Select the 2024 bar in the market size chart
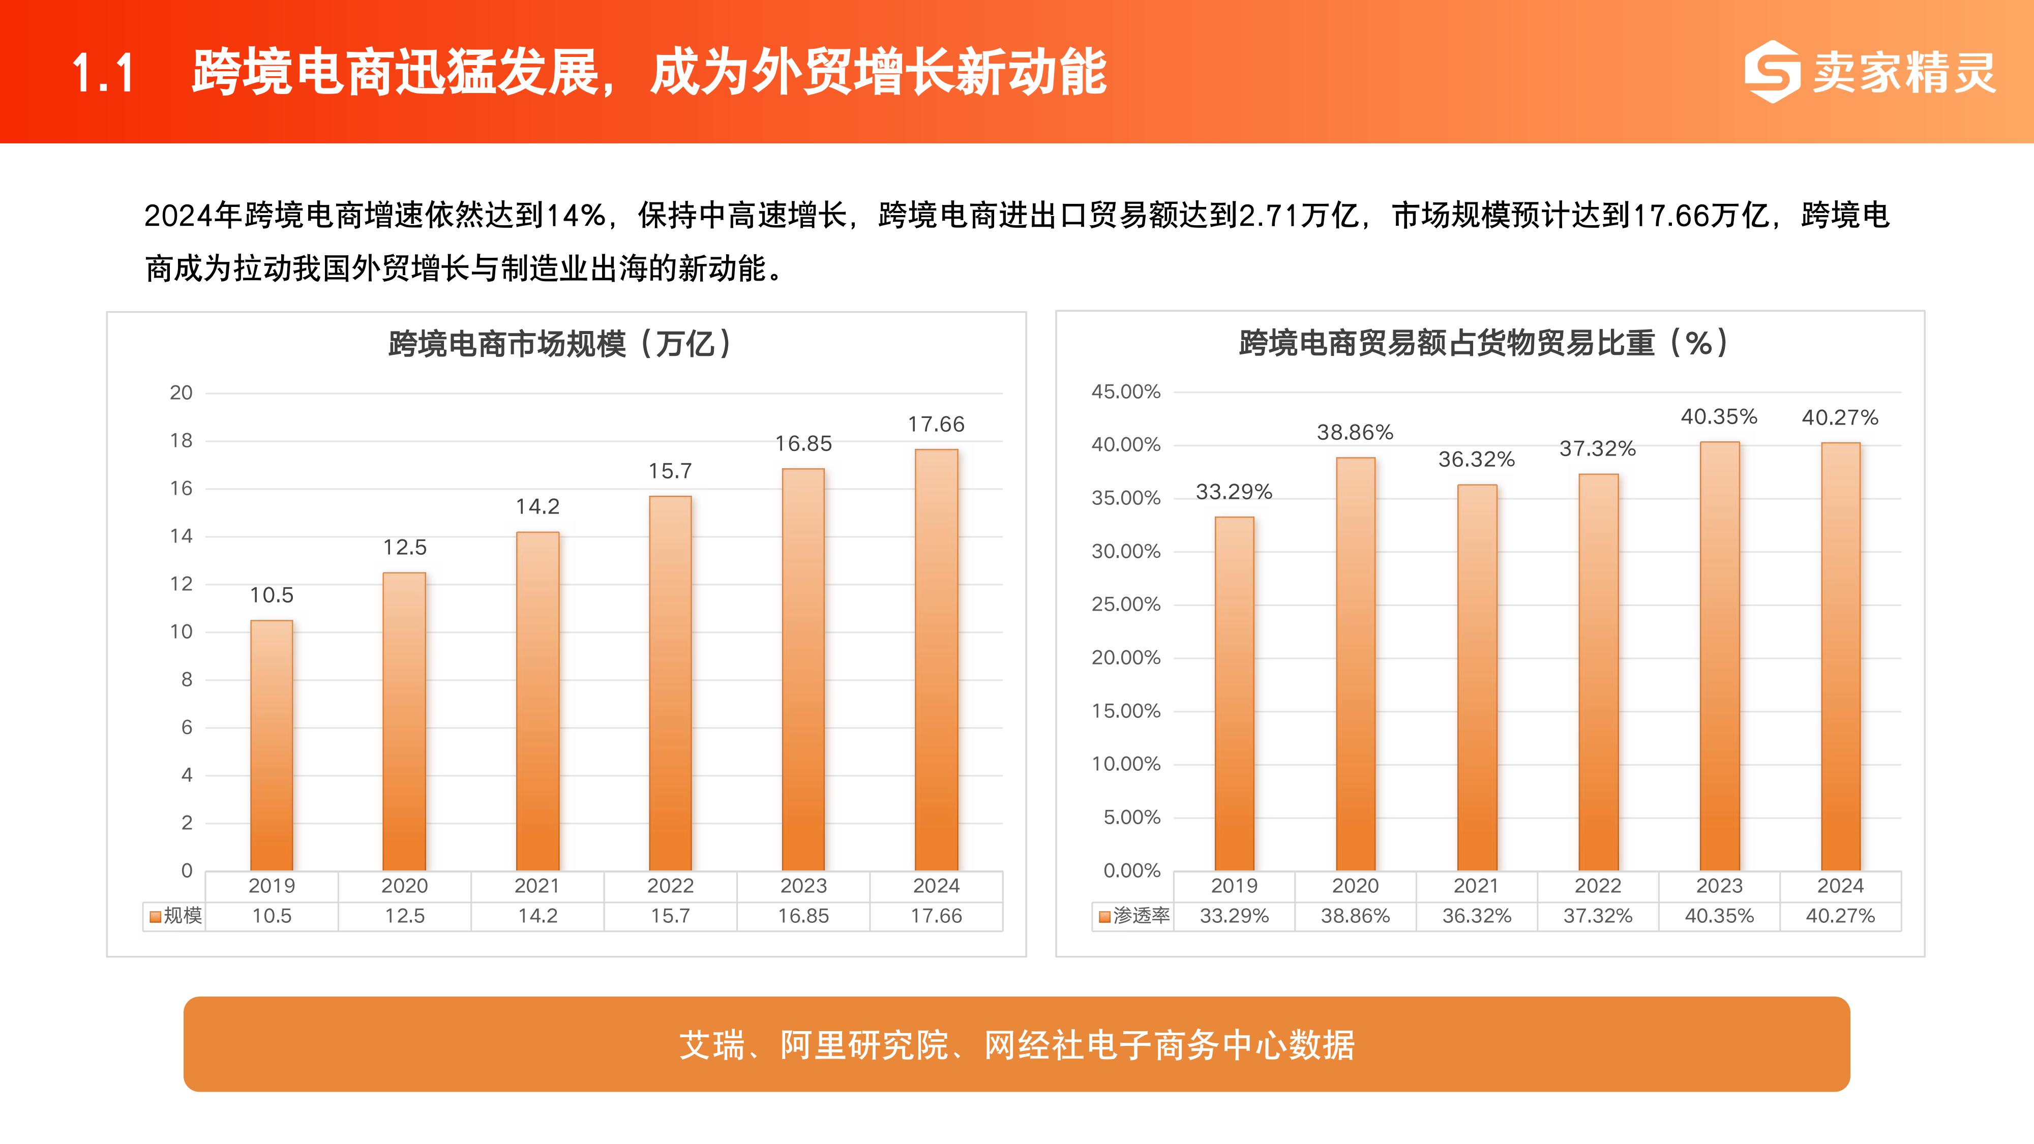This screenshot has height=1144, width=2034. [937, 659]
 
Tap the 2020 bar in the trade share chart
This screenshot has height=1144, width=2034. [1355, 663]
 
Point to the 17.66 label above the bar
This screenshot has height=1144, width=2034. [937, 425]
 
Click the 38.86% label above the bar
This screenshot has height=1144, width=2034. [1355, 433]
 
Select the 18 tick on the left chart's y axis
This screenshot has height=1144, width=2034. [182, 440]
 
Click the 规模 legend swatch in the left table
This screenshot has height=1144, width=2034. [156, 917]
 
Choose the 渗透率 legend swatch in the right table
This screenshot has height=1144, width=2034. [1104, 917]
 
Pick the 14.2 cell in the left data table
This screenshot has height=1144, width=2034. [537, 916]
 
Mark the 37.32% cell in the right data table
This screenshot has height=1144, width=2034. [1597, 916]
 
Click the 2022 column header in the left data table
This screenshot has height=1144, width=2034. [670, 886]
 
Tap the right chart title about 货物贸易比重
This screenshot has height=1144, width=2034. [1484, 343]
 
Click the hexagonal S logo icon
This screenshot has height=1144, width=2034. [1773, 72]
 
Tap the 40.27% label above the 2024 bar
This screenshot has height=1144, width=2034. [1840, 417]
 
